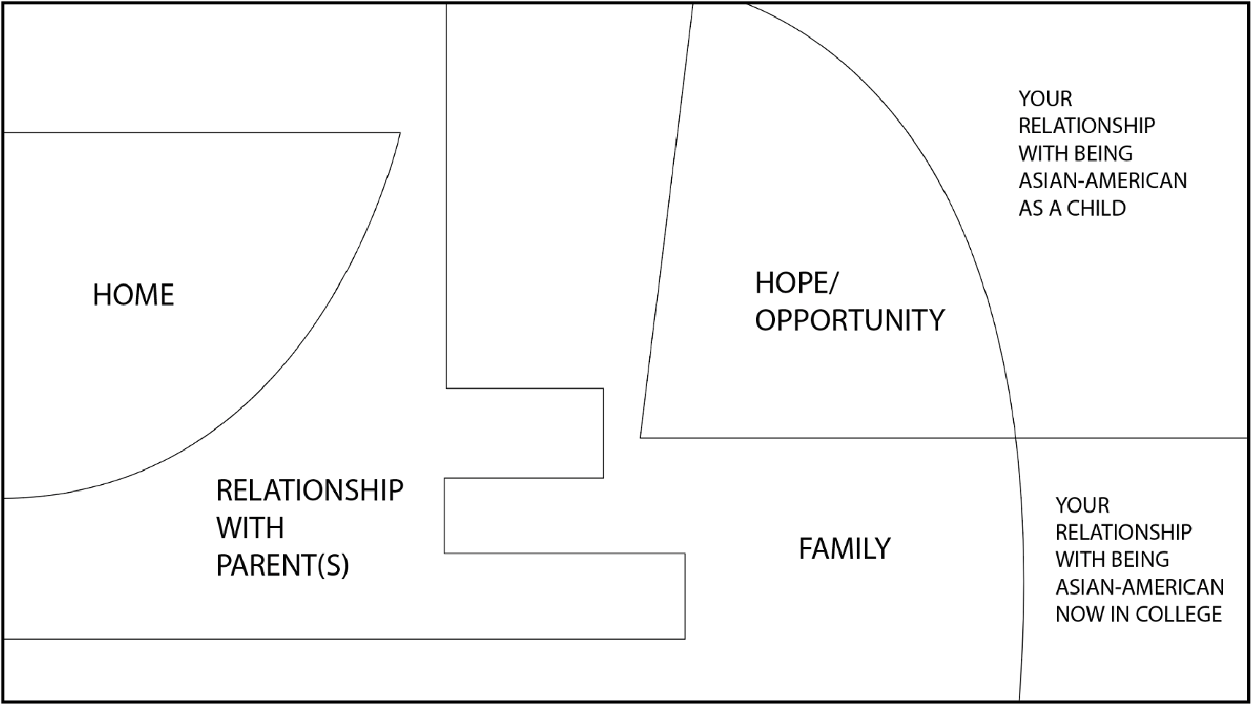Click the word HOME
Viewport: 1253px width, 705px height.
(x=134, y=295)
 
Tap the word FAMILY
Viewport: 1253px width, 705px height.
(x=844, y=548)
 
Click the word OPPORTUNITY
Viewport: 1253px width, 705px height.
(x=849, y=320)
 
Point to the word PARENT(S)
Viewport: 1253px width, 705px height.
(x=282, y=566)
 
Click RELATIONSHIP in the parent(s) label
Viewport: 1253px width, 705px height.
(x=309, y=490)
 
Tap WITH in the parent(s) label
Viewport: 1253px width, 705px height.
(x=250, y=528)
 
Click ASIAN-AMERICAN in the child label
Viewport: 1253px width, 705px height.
(x=1102, y=181)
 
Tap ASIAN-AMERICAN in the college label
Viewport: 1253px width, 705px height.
(x=1139, y=587)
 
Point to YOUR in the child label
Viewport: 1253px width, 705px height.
(x=1045, y=99)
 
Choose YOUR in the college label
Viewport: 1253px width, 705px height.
(x=1082, y=505)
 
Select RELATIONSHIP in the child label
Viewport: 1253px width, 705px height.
(x=1086, y=126)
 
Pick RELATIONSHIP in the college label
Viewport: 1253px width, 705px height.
(x=1123, y=532)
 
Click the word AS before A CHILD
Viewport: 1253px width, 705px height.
(x=1030, y=208)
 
